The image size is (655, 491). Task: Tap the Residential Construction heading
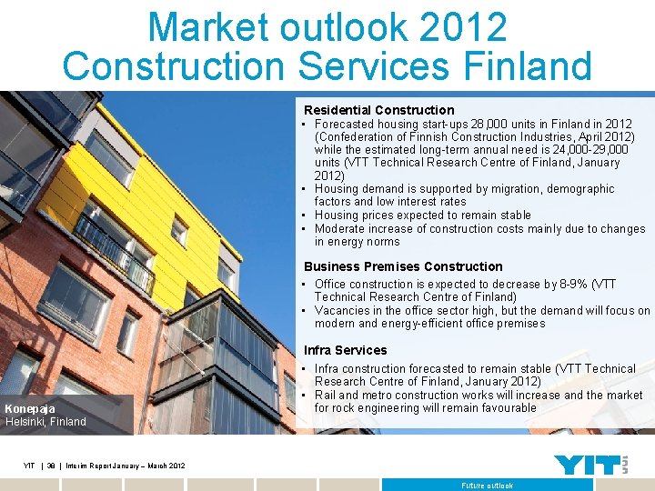(x=378, y=110)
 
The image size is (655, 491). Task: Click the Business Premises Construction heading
(x=403, y=266)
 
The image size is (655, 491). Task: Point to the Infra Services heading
(x=345, y=350)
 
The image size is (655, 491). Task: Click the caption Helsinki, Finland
(x=45, y=422)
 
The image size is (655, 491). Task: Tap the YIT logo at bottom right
(x=590, y=465)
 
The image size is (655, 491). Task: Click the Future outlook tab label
(x=487, y=486)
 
